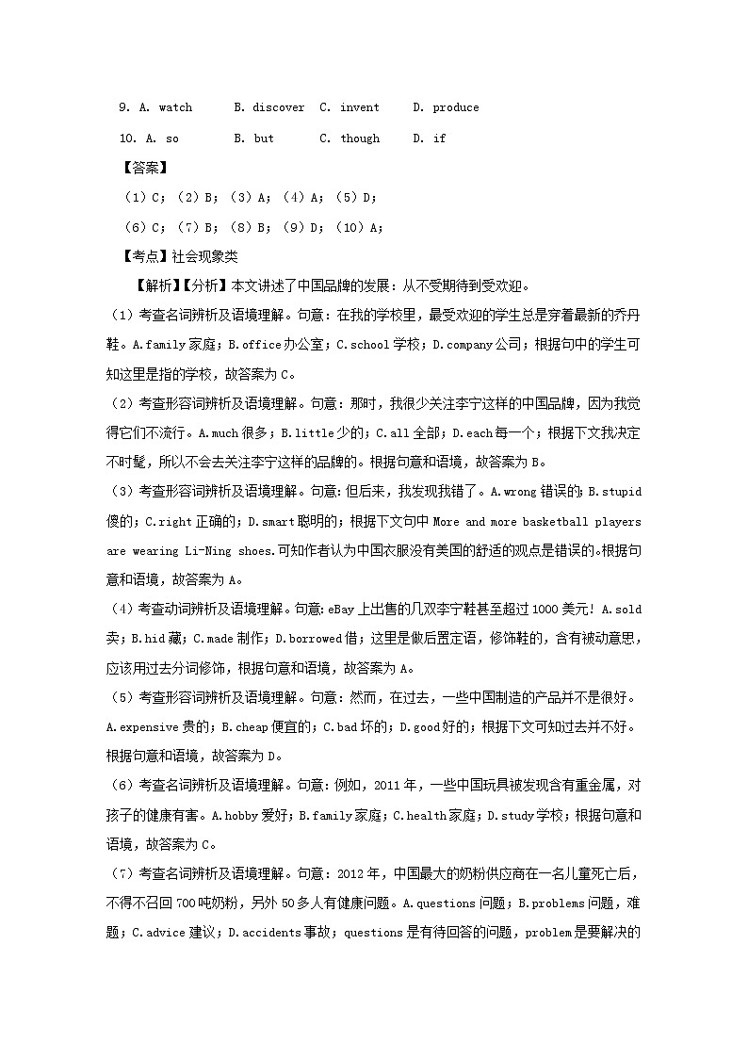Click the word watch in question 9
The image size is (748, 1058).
pos(175,107)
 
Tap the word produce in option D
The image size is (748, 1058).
pos(455,107)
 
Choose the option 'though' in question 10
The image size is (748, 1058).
pos(360,138)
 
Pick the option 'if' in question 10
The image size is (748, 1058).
pos(439,138)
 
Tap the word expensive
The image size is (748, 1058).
pos(142,727)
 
